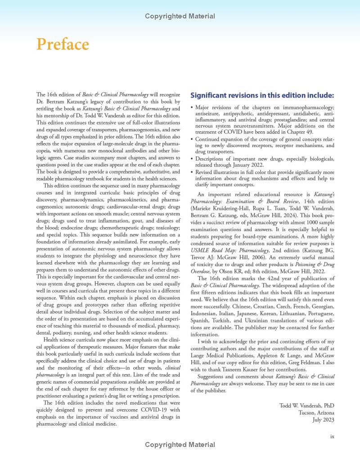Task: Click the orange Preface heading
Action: click(63, 45)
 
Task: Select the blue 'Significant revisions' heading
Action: click(262, 95)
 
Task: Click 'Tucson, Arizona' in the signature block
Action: click(316, 413)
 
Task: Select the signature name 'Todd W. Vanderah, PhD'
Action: click(307, 406)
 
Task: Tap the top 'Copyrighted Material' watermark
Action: click(180, 17)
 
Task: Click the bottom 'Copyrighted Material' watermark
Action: click(180, 445)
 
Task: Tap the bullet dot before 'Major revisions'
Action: click(192, 108)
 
